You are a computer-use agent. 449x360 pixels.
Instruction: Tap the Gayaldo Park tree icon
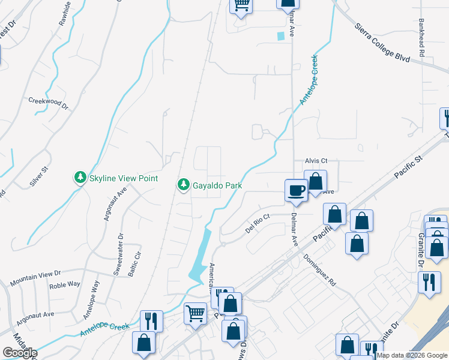pos(184,185)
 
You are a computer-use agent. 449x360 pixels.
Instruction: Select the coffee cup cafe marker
pos(295,191)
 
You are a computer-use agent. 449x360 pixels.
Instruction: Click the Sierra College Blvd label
pos(382,43)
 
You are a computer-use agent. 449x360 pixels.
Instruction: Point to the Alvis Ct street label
pos(316,161)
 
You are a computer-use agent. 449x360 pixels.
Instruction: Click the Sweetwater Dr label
pos(118,254)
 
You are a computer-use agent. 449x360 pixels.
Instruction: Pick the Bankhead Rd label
pos(422,41)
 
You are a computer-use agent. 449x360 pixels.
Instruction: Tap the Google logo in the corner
pos(20,352)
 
